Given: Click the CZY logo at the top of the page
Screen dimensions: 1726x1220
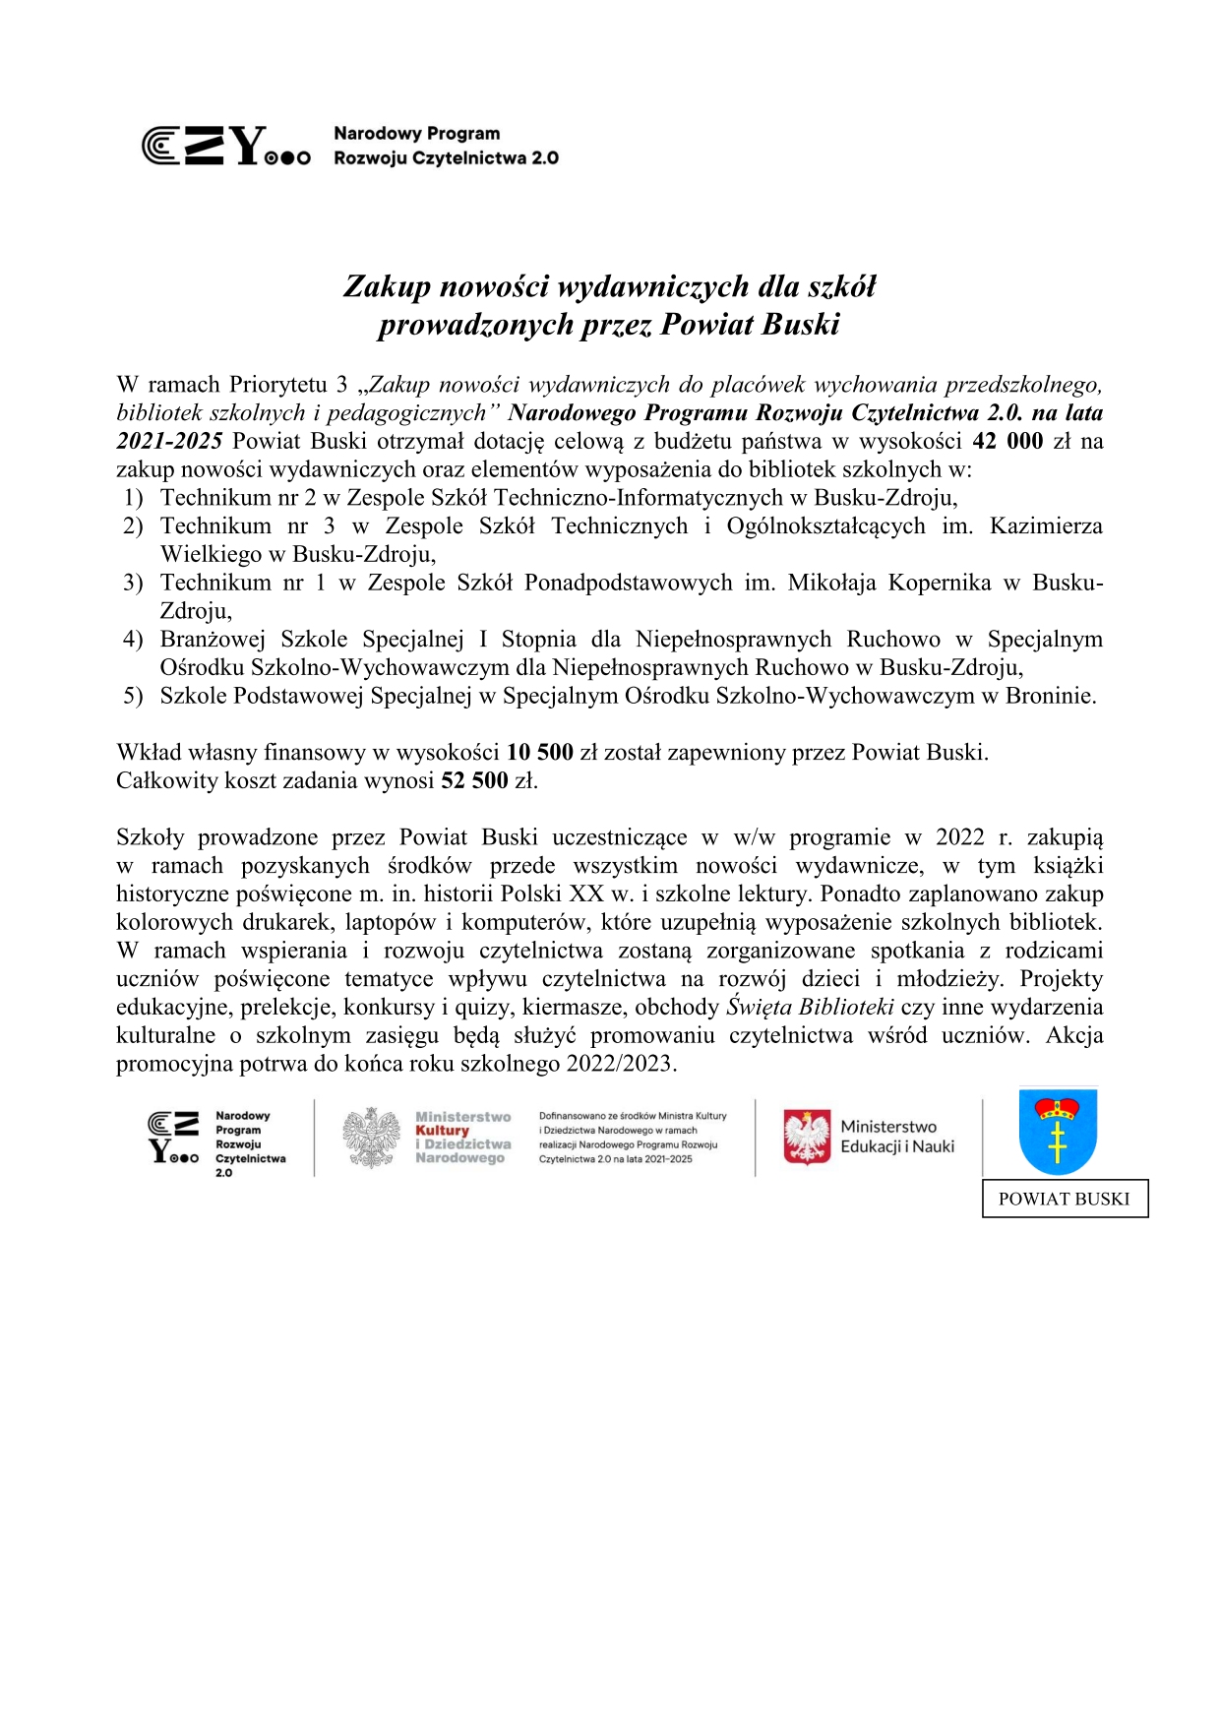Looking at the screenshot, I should click(x=226, y=146).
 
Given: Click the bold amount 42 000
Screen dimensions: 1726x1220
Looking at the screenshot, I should click(x=1006, y=441).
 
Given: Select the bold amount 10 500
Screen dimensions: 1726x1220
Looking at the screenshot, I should click(x=539, y=753).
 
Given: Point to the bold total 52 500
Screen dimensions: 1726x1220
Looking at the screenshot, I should click(x=474, y=781).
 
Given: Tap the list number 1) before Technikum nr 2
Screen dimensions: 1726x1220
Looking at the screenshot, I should click(x=134, y=498).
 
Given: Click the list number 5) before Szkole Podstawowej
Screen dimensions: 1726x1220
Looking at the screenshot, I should click(x=134, y=697).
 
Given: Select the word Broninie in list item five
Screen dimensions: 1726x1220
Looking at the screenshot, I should click(x=1050, y=697).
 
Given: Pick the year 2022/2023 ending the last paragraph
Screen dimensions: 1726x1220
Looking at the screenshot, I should click(x=619, y=1065).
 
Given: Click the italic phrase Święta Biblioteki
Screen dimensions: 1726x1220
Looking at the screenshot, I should click(x=810, y=1008).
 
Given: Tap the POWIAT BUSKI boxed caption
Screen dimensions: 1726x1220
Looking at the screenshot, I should click(x=1064, y=1199).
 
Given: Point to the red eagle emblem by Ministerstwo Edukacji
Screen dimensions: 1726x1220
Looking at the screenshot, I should click(x=807, y=1138).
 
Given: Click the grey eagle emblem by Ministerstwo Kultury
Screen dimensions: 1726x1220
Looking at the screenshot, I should click(x=372, y=1139).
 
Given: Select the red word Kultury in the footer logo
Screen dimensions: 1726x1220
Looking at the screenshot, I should click(x=442, y=1131).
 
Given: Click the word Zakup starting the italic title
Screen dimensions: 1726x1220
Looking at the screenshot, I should click(x=387, y=286).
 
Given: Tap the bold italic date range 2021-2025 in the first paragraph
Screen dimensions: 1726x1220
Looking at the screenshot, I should click(x=169, y=441).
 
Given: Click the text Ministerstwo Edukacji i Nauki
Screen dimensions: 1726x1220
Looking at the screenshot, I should click(x=896, y=1137).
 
